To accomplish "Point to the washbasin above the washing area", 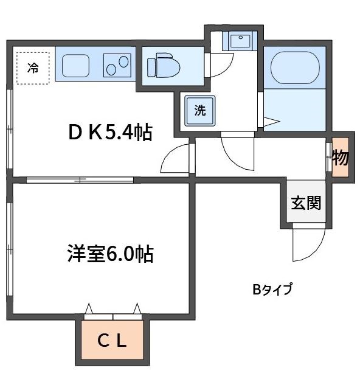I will tap(238, 41).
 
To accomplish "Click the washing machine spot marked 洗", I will tap(199, 111).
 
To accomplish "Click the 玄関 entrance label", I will tap(305, 204).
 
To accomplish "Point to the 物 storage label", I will tap(340, 158).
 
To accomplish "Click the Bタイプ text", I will tap(272, 289).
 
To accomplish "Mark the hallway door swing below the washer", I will tap(237, 152).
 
